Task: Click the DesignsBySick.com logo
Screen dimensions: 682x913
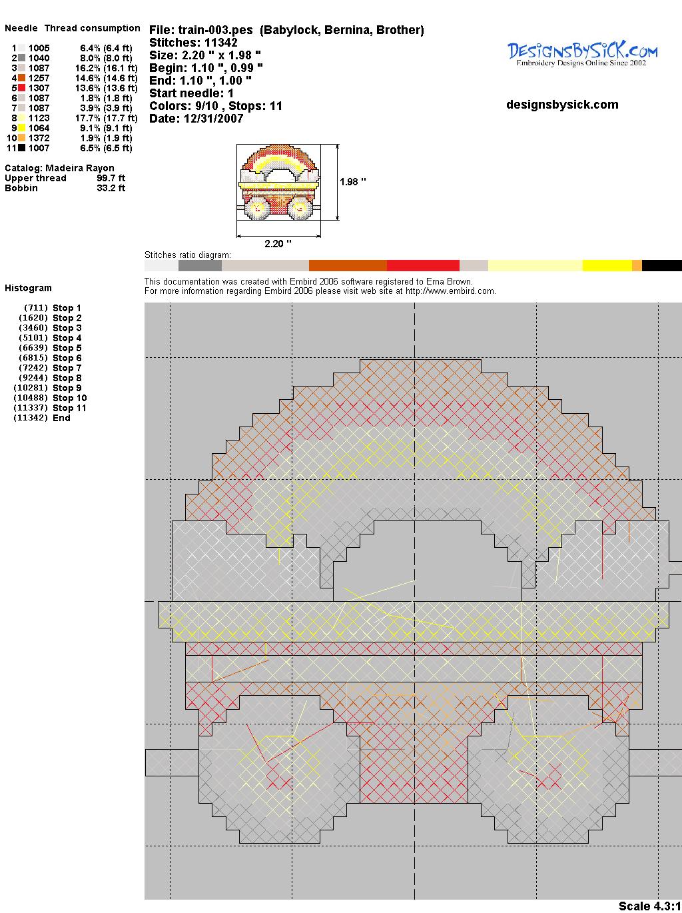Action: point(582,54)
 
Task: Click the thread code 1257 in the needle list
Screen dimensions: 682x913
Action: point(39,78)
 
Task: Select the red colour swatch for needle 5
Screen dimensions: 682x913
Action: point(22,88)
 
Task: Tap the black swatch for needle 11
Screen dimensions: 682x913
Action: point(22,148)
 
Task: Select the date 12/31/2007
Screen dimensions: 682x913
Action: point(214,119)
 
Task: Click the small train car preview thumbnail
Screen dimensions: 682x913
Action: point(279,182)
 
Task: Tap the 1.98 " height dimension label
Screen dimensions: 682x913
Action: point(353,182)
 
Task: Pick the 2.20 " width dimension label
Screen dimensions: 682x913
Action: point(278,244)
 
